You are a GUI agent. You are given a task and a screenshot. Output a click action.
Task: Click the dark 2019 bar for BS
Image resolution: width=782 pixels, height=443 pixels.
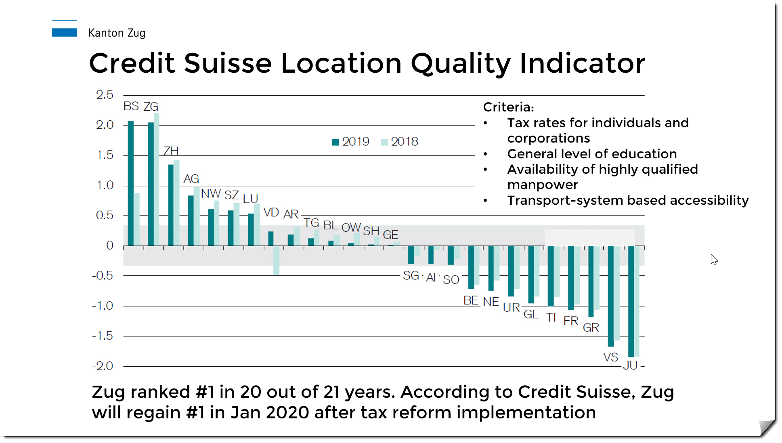(x=131, y=183)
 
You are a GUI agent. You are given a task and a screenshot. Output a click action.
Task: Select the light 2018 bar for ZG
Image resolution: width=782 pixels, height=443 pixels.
(x=157, y=179)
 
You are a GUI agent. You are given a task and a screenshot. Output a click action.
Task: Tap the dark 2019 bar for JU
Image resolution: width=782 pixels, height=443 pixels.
(x=631, y=301)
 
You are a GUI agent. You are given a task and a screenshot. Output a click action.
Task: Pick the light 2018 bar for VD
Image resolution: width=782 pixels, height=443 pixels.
(x=277, y=260)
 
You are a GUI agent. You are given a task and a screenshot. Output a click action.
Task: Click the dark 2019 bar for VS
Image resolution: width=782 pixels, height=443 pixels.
(x=611, y=296)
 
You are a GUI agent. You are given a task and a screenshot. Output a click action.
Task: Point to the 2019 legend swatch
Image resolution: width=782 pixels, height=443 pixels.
(x=335, y=142)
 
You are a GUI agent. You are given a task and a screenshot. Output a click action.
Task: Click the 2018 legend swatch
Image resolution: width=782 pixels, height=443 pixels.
(x=384, y=142)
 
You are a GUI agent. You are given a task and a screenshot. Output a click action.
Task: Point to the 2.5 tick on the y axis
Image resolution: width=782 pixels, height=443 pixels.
(x=105, y=95)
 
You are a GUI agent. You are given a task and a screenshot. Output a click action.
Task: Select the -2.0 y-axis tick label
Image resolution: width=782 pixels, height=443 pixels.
(x=103, y=366)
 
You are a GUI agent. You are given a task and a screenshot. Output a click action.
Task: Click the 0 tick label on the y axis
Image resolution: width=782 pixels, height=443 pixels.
(x=110, y=245)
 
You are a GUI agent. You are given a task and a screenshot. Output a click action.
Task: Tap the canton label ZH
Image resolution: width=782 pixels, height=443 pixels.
(x=171, y=151)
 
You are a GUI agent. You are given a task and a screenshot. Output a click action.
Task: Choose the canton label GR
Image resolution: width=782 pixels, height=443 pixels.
(x=591, y=328)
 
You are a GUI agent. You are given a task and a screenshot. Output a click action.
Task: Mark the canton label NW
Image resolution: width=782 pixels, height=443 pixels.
(x=211, y=194)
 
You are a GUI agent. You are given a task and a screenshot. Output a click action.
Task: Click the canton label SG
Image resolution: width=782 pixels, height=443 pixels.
(x=411, y=275)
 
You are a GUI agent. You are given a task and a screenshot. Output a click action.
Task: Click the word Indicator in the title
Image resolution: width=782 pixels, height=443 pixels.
(x=583, y=63)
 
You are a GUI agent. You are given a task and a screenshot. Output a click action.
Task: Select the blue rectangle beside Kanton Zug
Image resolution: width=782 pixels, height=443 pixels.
(x=64, y=32)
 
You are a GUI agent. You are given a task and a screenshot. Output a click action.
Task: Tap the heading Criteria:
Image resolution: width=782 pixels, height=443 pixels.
(x=509, y=107)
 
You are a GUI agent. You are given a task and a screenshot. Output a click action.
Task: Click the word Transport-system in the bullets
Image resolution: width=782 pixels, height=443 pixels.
(x=565, y=200)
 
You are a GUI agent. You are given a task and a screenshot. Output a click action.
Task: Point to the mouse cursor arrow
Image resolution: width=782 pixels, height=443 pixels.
(x=714, y=259)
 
